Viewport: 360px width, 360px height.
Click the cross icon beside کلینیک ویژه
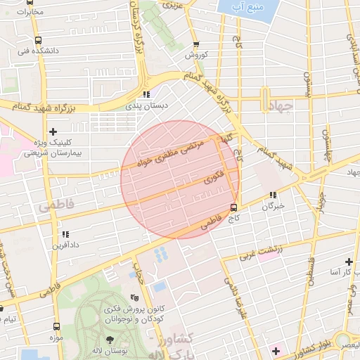coord(53,131)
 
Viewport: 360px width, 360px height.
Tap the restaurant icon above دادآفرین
coord(64,233)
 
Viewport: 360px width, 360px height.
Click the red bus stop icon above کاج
coord(234,207)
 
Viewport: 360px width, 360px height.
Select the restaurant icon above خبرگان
coord(273,195)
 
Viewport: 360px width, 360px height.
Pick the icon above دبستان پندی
coord(146,94)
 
